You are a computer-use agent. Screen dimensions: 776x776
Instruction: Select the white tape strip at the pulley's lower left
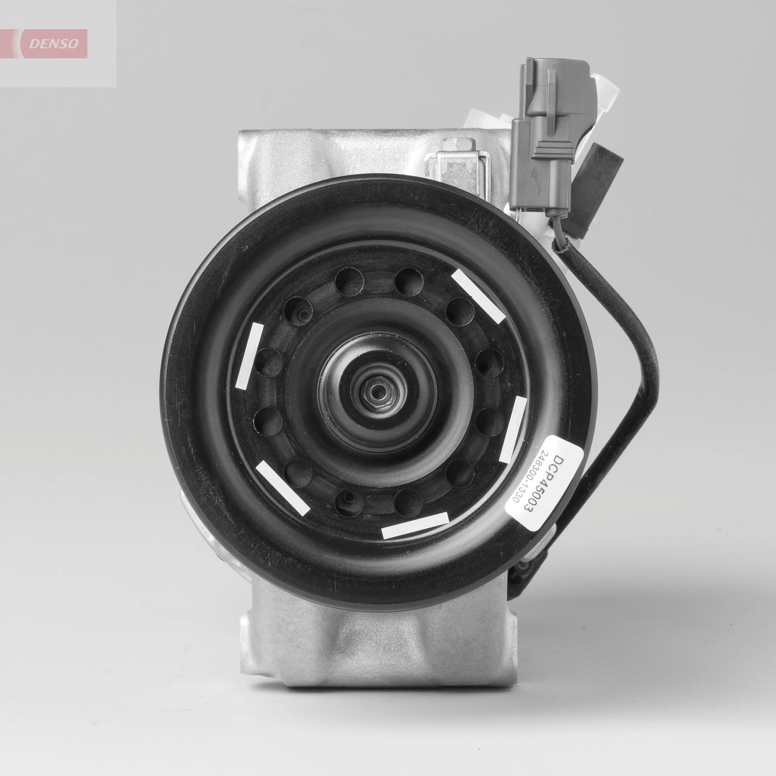click(283, 488)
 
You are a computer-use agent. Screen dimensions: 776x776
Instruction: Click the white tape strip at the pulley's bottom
click(415, 525)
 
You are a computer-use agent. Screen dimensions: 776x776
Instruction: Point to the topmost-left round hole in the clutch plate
click(349, 281)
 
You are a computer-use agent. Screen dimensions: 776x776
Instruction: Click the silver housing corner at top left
click(257, 149)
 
